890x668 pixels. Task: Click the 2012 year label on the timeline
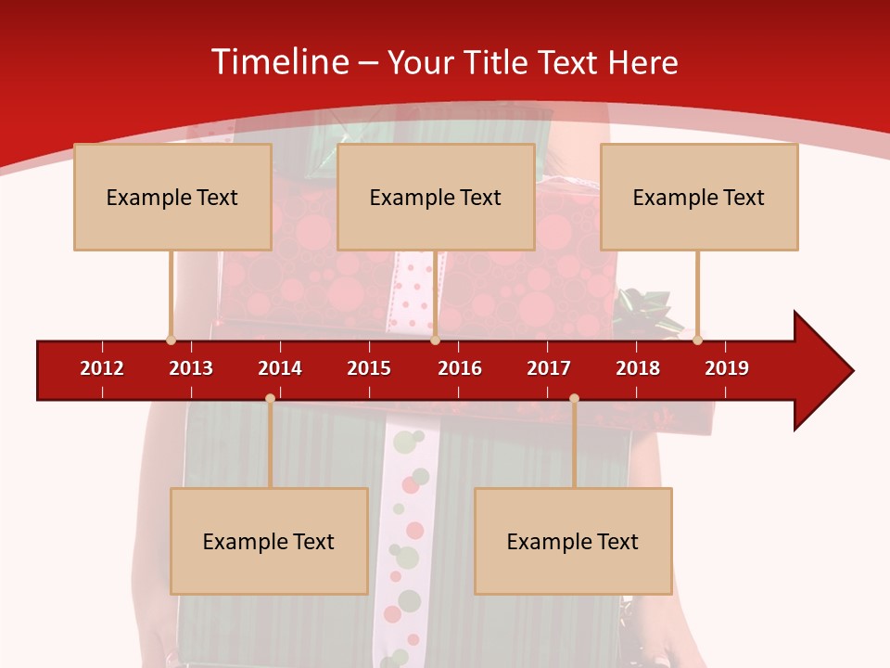pyautogui.click(x=102, y=368)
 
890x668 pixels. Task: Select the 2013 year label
pyautogui.click(x=191, y=368)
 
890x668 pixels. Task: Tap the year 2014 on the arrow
pyautogui.click(x=280, y=368)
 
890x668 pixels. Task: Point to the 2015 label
pyautogui.click(x=369, y=368)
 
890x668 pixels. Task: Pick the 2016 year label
pyautogui.click(x=460, y=368)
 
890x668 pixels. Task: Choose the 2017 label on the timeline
pyautogui.click(x=549, y=368)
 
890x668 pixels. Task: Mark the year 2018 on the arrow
pyautogui.click(x=638, y=368)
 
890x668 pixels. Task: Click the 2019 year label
pyautogui.click(x=727, y=368)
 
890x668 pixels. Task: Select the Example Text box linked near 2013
pyautogui.click(x=172, y=197)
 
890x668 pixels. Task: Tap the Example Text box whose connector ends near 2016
pyautogui.click(x=436, y=197)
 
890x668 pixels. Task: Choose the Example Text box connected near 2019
pyautogui.click(x=699, y=197)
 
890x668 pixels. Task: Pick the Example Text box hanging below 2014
pyautogui.click(x=269, y=541)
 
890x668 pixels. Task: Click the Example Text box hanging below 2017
pyautogui.click(x=573, y=541)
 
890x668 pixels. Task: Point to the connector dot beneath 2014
pyautogui.click(x=270, y=398)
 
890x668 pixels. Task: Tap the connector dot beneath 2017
pyautogui.click(x=574, y=398)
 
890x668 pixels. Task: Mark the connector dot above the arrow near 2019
pyautogui.click(x=697, y=340)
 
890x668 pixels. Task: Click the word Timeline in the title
pyautogui.click(x=280, y=62)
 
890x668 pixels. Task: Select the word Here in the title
pyautogui.click(x=642, y=62)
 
